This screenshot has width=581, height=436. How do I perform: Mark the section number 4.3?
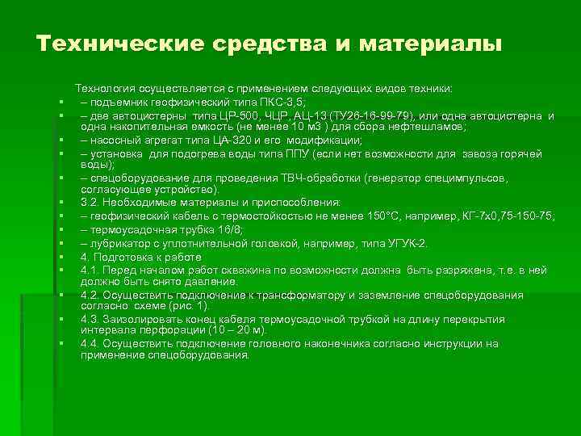tap(90, 320)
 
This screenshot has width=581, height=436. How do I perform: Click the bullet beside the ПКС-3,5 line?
tap(61, 103)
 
